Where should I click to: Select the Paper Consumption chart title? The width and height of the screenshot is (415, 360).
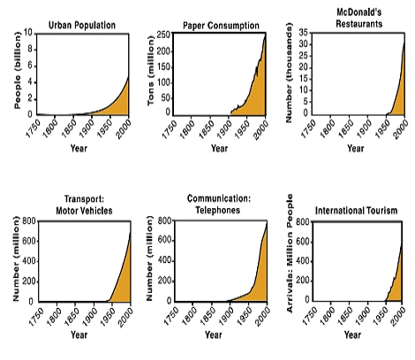[219, 24]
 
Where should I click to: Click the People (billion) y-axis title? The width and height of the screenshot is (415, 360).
[17, 73]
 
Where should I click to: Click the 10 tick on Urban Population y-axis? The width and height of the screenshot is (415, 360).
[28, 34]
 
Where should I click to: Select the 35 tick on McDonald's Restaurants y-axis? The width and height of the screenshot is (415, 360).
[302, 32]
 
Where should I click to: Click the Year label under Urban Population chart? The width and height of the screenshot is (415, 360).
[80, 148]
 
